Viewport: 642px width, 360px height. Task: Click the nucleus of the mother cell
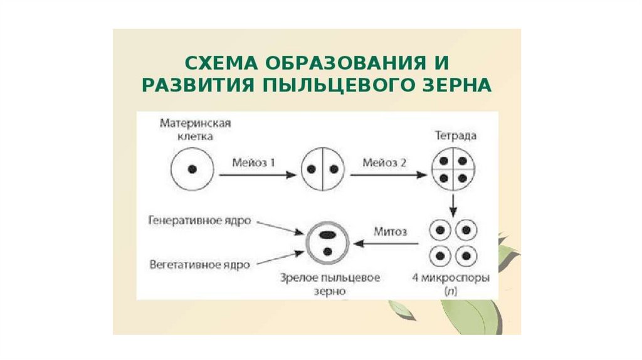[192, 169]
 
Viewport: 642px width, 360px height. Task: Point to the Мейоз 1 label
[255, 162]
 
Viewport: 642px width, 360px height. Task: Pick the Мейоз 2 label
[384, 162]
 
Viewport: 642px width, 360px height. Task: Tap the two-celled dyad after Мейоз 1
[324, 169]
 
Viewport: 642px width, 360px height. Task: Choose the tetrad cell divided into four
[455, 169]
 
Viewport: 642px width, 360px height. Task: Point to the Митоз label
[390, 231]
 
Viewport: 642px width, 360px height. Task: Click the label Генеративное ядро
[200, 221]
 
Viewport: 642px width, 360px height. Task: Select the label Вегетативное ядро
[200, 265]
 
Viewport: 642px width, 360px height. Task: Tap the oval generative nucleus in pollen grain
[327, 235]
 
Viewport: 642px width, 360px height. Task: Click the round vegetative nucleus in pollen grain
[327, 251]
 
